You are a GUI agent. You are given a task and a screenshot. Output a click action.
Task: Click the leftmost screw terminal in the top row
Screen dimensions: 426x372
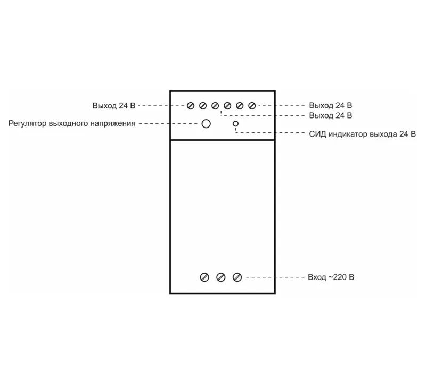tap(191, 106)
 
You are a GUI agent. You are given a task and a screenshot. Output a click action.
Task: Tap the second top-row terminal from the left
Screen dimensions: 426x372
tap(203, 106)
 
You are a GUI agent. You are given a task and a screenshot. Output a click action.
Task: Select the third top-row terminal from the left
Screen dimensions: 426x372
tap(215, 106)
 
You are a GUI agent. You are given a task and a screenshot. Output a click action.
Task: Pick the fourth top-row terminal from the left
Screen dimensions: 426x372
tap(227, 106)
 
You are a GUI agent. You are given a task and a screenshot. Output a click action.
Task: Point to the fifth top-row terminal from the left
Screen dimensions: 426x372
tap(240, 106)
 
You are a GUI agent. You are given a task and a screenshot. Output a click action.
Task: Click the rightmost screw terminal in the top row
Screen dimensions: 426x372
tap(252, 106)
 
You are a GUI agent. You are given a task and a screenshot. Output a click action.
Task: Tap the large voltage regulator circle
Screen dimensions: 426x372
tap(206, 124)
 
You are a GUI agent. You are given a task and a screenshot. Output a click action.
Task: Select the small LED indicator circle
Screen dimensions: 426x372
tap(235, 124)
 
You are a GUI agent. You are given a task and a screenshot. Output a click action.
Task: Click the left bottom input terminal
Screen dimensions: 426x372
tap(204, 277)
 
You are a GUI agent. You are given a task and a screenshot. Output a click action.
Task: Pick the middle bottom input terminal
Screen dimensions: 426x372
tap(221, 277)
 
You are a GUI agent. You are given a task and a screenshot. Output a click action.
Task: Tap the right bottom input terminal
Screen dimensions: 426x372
tap(237, 277)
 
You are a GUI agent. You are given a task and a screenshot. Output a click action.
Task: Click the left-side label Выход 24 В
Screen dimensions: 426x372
tap(114, 106)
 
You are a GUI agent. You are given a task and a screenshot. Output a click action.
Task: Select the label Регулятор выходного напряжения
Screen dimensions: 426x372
tap(72, 124)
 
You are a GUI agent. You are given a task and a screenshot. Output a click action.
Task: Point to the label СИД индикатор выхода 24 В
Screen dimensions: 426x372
tap(363, 134)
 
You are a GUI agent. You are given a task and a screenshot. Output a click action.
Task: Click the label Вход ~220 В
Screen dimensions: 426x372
tap(331, 277)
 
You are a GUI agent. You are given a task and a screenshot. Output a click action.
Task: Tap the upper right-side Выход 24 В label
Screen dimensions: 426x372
tap(331, 105)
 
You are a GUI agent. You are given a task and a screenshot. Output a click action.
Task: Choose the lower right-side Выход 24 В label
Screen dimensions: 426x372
tap(331, 115)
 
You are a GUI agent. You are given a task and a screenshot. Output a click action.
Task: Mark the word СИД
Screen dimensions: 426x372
tap(317, 134)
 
